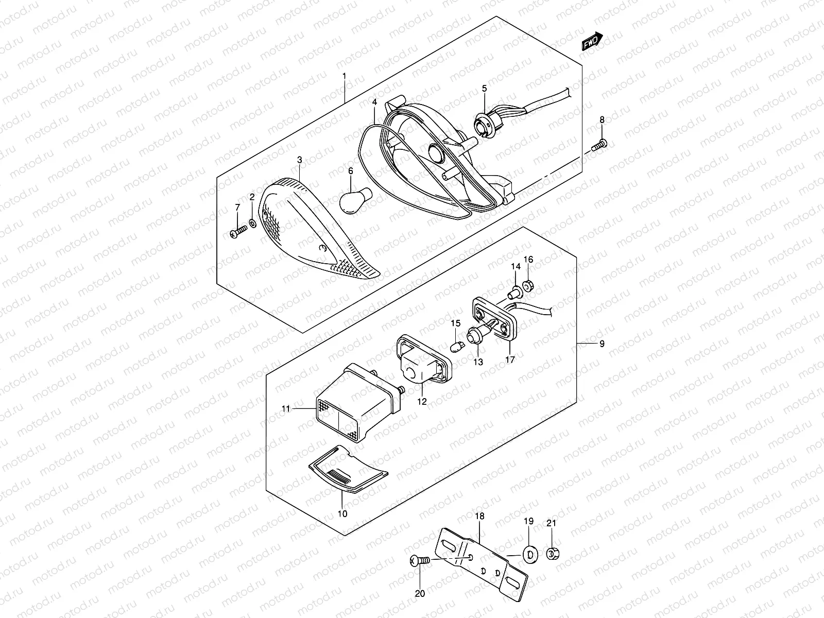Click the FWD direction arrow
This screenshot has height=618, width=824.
[592, 42]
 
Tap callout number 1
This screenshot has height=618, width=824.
[345, 77]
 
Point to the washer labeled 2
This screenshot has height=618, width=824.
[253, 223]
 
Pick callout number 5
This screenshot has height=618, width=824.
[484, 89]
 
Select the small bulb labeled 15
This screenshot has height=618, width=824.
[455, 346]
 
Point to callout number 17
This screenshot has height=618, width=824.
[510, 360]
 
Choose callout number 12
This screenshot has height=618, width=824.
[422, 402]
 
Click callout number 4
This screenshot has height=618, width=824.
[375, 102]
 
